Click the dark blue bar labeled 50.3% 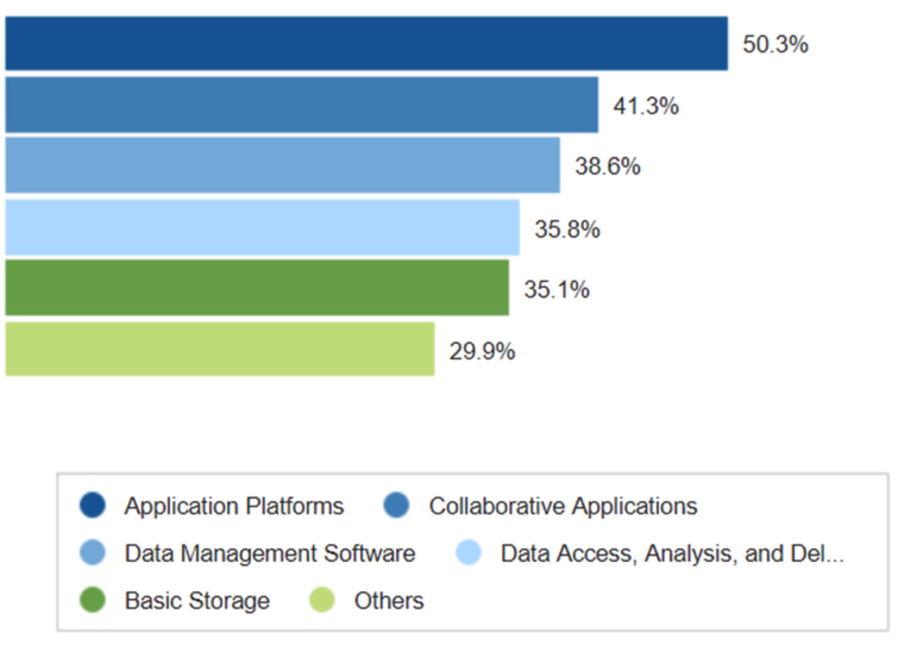coord(366,43)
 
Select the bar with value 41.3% coord(302,105)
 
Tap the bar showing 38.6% coord(282,165)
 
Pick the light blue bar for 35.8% coord(262,227)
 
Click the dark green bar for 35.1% coord(257,287)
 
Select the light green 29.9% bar coord(219,349)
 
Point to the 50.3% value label coord(775,45)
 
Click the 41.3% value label coord(646,107)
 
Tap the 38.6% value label coord(607,167)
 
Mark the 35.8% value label coord(567,230)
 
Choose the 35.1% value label coord(557,290)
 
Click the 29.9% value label coord(482,352)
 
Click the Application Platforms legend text coord(234,506)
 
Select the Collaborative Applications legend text coord(563,506)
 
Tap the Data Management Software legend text coord(269,553)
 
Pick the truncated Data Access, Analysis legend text coord(672,553)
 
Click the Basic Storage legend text coord(197,600)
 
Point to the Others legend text coord(389,600)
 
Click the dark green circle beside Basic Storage coord(92,600)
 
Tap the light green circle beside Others coord(322,600)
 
